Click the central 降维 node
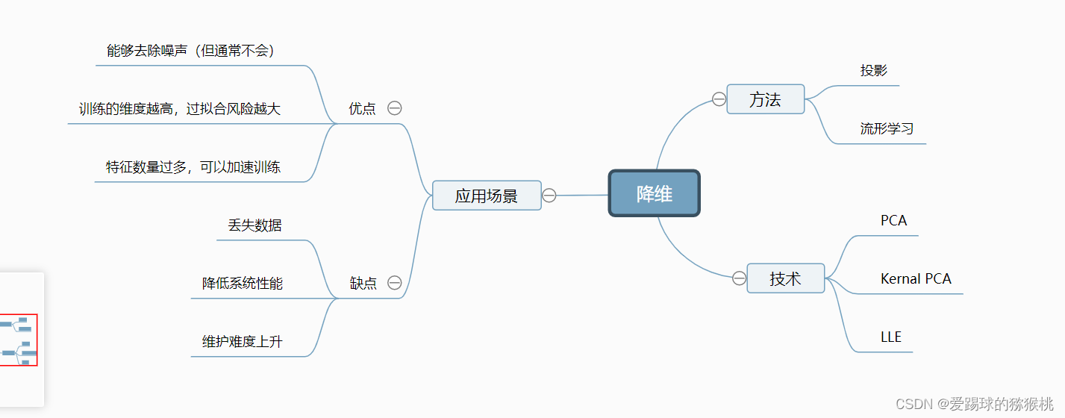(654, 194)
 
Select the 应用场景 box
(487, 196)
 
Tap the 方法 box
(765, 99)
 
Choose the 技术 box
(785, 278)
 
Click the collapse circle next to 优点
(395, 108)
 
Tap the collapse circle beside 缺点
(395, 283)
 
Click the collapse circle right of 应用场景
(549, 196)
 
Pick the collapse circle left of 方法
(719, 99)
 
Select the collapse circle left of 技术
(739, 278)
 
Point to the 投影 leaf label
(874, 71)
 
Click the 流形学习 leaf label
(887, 128)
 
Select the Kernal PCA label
(916, 278)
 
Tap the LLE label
(891, 337)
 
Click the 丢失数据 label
(254, 225)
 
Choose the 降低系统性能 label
(243, 283)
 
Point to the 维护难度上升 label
(243, 342)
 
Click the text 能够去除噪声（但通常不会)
(190, 51)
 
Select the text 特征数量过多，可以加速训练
(193, 166)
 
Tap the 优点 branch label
(363, 108)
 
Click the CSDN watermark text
(974, 404)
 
